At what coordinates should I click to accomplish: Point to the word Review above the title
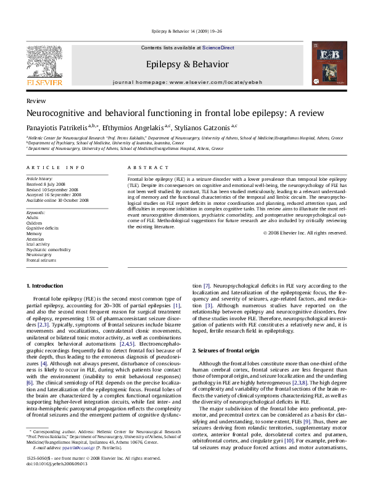[35, 101]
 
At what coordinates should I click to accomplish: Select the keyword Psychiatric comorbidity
[49, 249]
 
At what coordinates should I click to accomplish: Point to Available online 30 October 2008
[57, 200]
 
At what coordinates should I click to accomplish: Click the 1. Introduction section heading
[47, 286]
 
